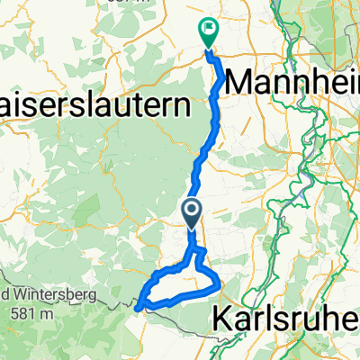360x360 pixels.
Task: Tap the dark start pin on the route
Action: coord(193,211)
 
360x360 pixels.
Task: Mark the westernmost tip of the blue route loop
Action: coord(138,307)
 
